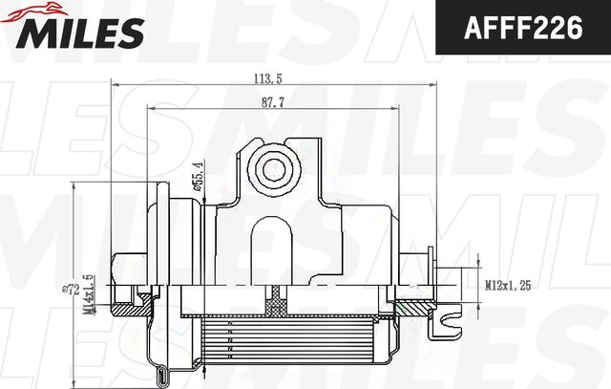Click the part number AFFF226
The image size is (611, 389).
tap(523, 28)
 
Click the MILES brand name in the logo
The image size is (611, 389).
tap(76, 33)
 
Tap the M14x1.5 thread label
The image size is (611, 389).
tap(92, 293)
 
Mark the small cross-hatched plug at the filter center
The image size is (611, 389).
tap(277, 305)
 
